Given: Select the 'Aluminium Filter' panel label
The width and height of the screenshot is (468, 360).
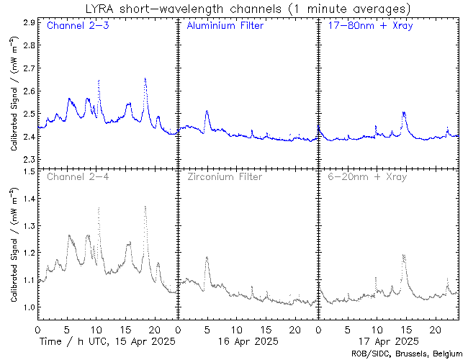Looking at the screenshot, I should pyautogui.click(x=225, y=27).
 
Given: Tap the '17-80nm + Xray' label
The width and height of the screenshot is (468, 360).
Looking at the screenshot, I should pyautogui.click(x=366, y=27).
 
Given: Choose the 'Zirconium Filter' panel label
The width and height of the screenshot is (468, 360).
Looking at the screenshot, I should pyautogui.click(x=225, y=176).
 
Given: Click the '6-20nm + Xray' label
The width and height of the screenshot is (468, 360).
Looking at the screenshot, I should pyautogui.click(x=366, y=176).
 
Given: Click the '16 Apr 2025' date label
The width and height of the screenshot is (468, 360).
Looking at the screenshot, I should pyautogui.click(x=247, y=341).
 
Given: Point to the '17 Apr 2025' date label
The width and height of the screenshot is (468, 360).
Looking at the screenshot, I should pyautogui.click(x=387, y=341).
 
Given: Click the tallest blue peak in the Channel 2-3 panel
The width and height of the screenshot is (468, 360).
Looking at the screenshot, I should pyautogui.click(x=145, y=78).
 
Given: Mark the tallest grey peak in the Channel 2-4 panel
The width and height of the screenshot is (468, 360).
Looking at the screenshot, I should pyautogui.click(x=145, y=207).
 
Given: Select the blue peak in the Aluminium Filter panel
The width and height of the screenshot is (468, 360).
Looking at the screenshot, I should pyautogui.click(x=207, y=112).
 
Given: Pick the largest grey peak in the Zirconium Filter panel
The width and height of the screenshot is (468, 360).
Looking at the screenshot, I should pyautogui.click(x=207, y=257).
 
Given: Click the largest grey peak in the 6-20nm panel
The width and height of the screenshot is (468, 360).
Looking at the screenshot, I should pyautogui.click(x=403, y=255).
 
